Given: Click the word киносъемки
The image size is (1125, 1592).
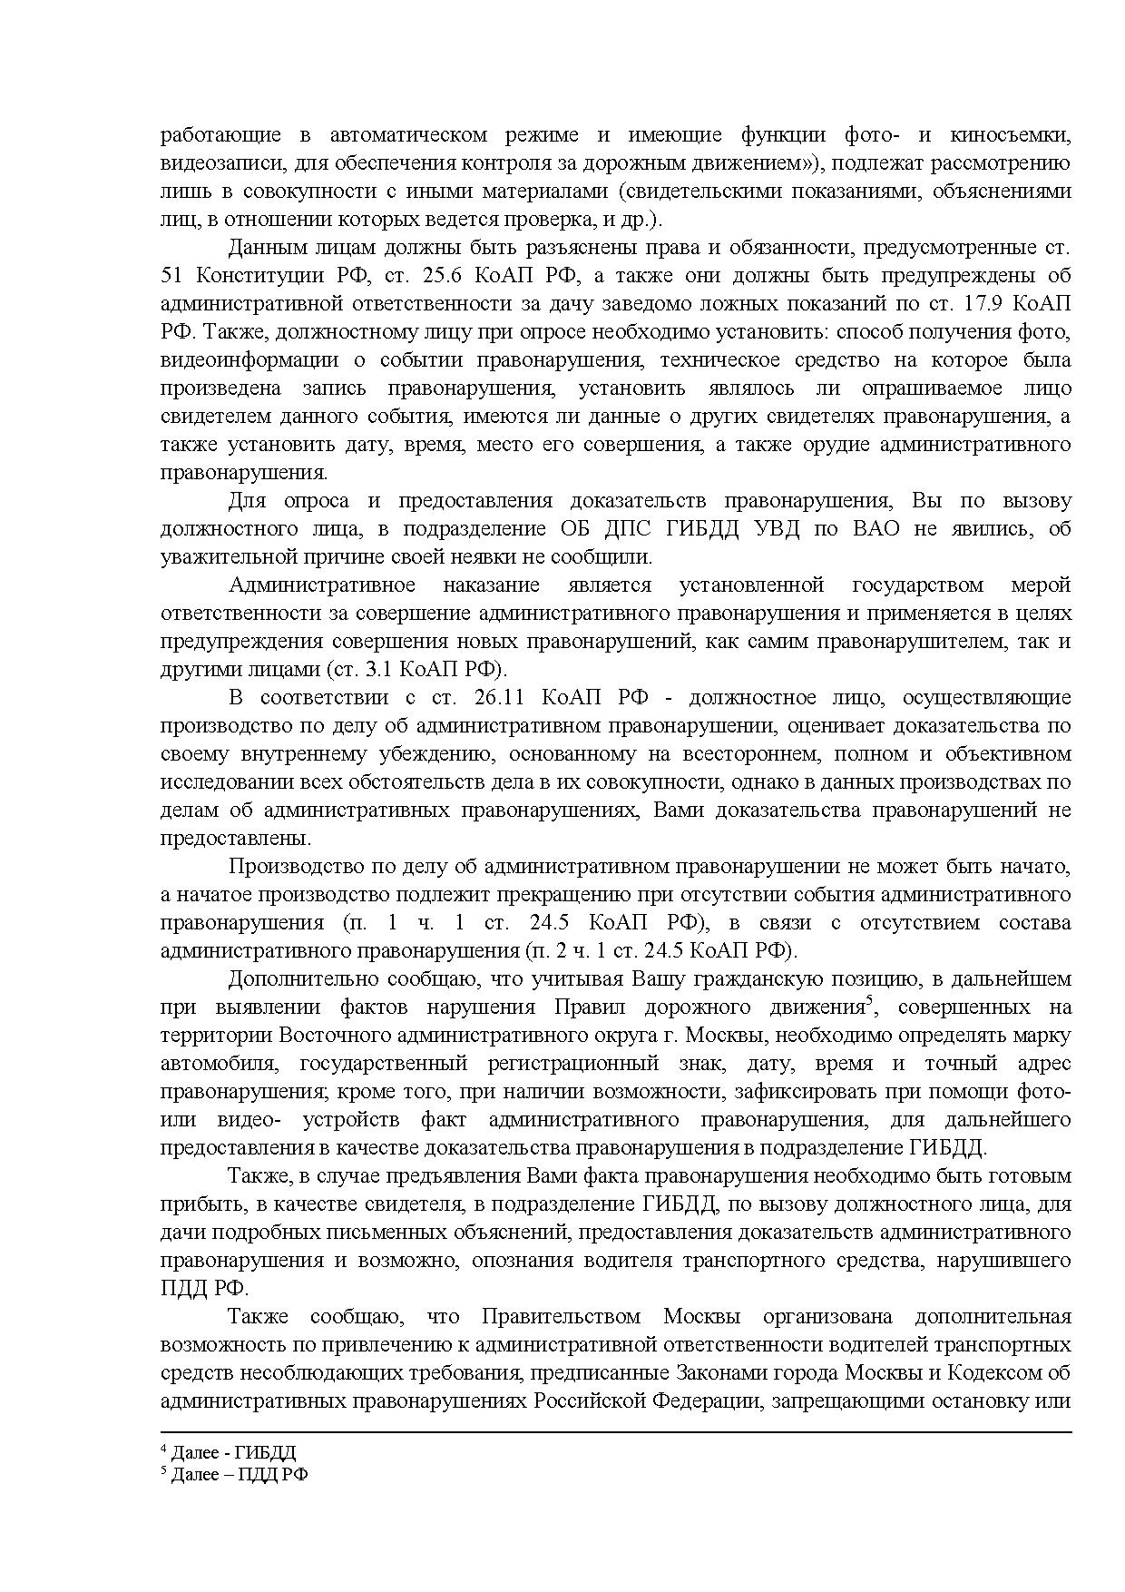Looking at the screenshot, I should coord(1010,135).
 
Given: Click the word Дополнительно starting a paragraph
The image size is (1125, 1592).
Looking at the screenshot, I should coord(303,979).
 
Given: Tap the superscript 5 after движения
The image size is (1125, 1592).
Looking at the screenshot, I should coord(868,1001).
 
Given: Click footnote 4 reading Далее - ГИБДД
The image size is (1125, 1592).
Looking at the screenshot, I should coord(228,1452).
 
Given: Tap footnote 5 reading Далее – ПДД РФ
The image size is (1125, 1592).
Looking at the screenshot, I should coord(234,1475).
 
